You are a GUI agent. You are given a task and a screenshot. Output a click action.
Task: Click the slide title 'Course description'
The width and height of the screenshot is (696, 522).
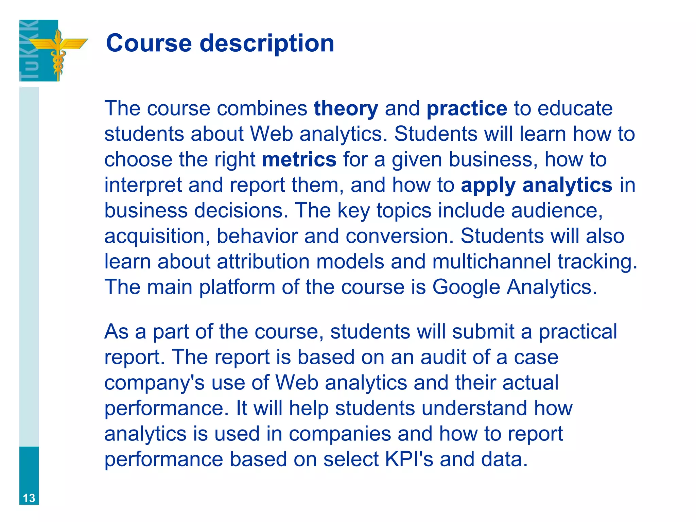[220, 43]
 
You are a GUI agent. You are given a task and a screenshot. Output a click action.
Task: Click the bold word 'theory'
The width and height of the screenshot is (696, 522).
[346, 108]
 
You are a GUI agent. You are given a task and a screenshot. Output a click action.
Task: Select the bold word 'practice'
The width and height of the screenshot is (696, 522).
[467, 109]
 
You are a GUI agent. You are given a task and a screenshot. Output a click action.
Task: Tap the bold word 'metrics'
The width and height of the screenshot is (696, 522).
[299, 159]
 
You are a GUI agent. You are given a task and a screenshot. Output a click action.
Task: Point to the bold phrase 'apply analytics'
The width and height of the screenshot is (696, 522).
[537, 185]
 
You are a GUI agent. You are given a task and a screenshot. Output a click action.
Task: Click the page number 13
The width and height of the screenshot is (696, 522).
[29, 498]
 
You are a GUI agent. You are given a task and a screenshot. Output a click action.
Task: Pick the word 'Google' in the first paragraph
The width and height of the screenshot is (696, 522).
[466, 288]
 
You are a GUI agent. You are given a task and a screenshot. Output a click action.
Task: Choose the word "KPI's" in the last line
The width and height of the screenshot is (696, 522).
[409, 459]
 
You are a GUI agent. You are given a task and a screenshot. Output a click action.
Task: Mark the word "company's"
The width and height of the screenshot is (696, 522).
[154, 383]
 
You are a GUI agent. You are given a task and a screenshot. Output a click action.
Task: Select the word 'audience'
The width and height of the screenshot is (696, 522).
[557, 211]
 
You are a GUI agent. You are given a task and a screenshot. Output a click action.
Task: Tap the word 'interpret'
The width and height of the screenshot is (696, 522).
[143, 186]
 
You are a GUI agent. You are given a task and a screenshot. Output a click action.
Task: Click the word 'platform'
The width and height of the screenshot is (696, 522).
[237, 287]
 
